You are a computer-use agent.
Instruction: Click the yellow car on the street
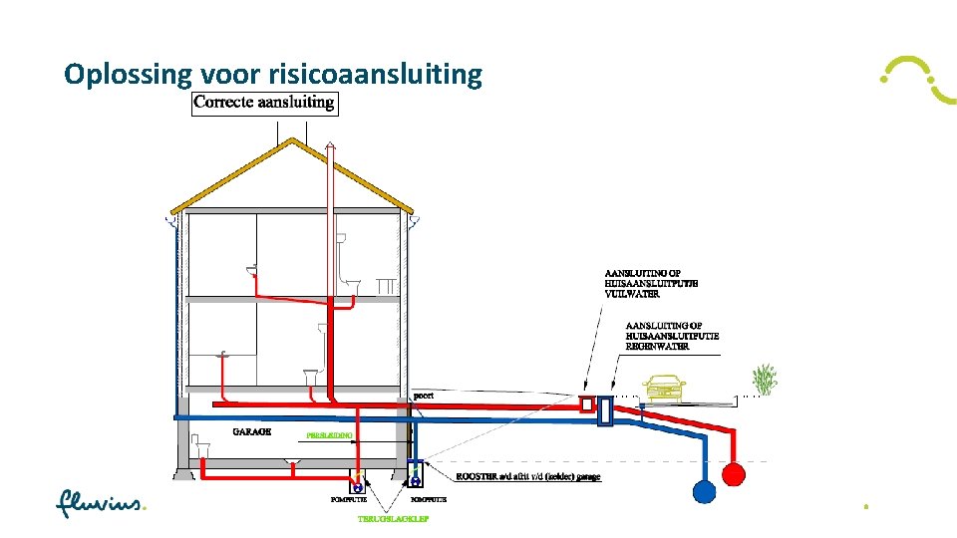665,387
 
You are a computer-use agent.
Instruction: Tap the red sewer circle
733,473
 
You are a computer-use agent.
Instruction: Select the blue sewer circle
704,490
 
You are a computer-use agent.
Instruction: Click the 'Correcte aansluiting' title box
264,102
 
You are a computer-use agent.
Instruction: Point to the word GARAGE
251,431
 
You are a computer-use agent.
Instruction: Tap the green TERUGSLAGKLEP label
389,518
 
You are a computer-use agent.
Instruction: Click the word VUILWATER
632,294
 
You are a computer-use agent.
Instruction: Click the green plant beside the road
765,380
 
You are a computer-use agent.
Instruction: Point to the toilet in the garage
202,445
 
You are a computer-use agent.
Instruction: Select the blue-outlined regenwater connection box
606,411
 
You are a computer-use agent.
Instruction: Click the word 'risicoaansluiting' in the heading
375,74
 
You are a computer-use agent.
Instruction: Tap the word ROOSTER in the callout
478,477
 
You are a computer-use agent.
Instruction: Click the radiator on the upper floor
385,286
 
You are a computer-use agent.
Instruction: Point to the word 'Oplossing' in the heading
128,74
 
